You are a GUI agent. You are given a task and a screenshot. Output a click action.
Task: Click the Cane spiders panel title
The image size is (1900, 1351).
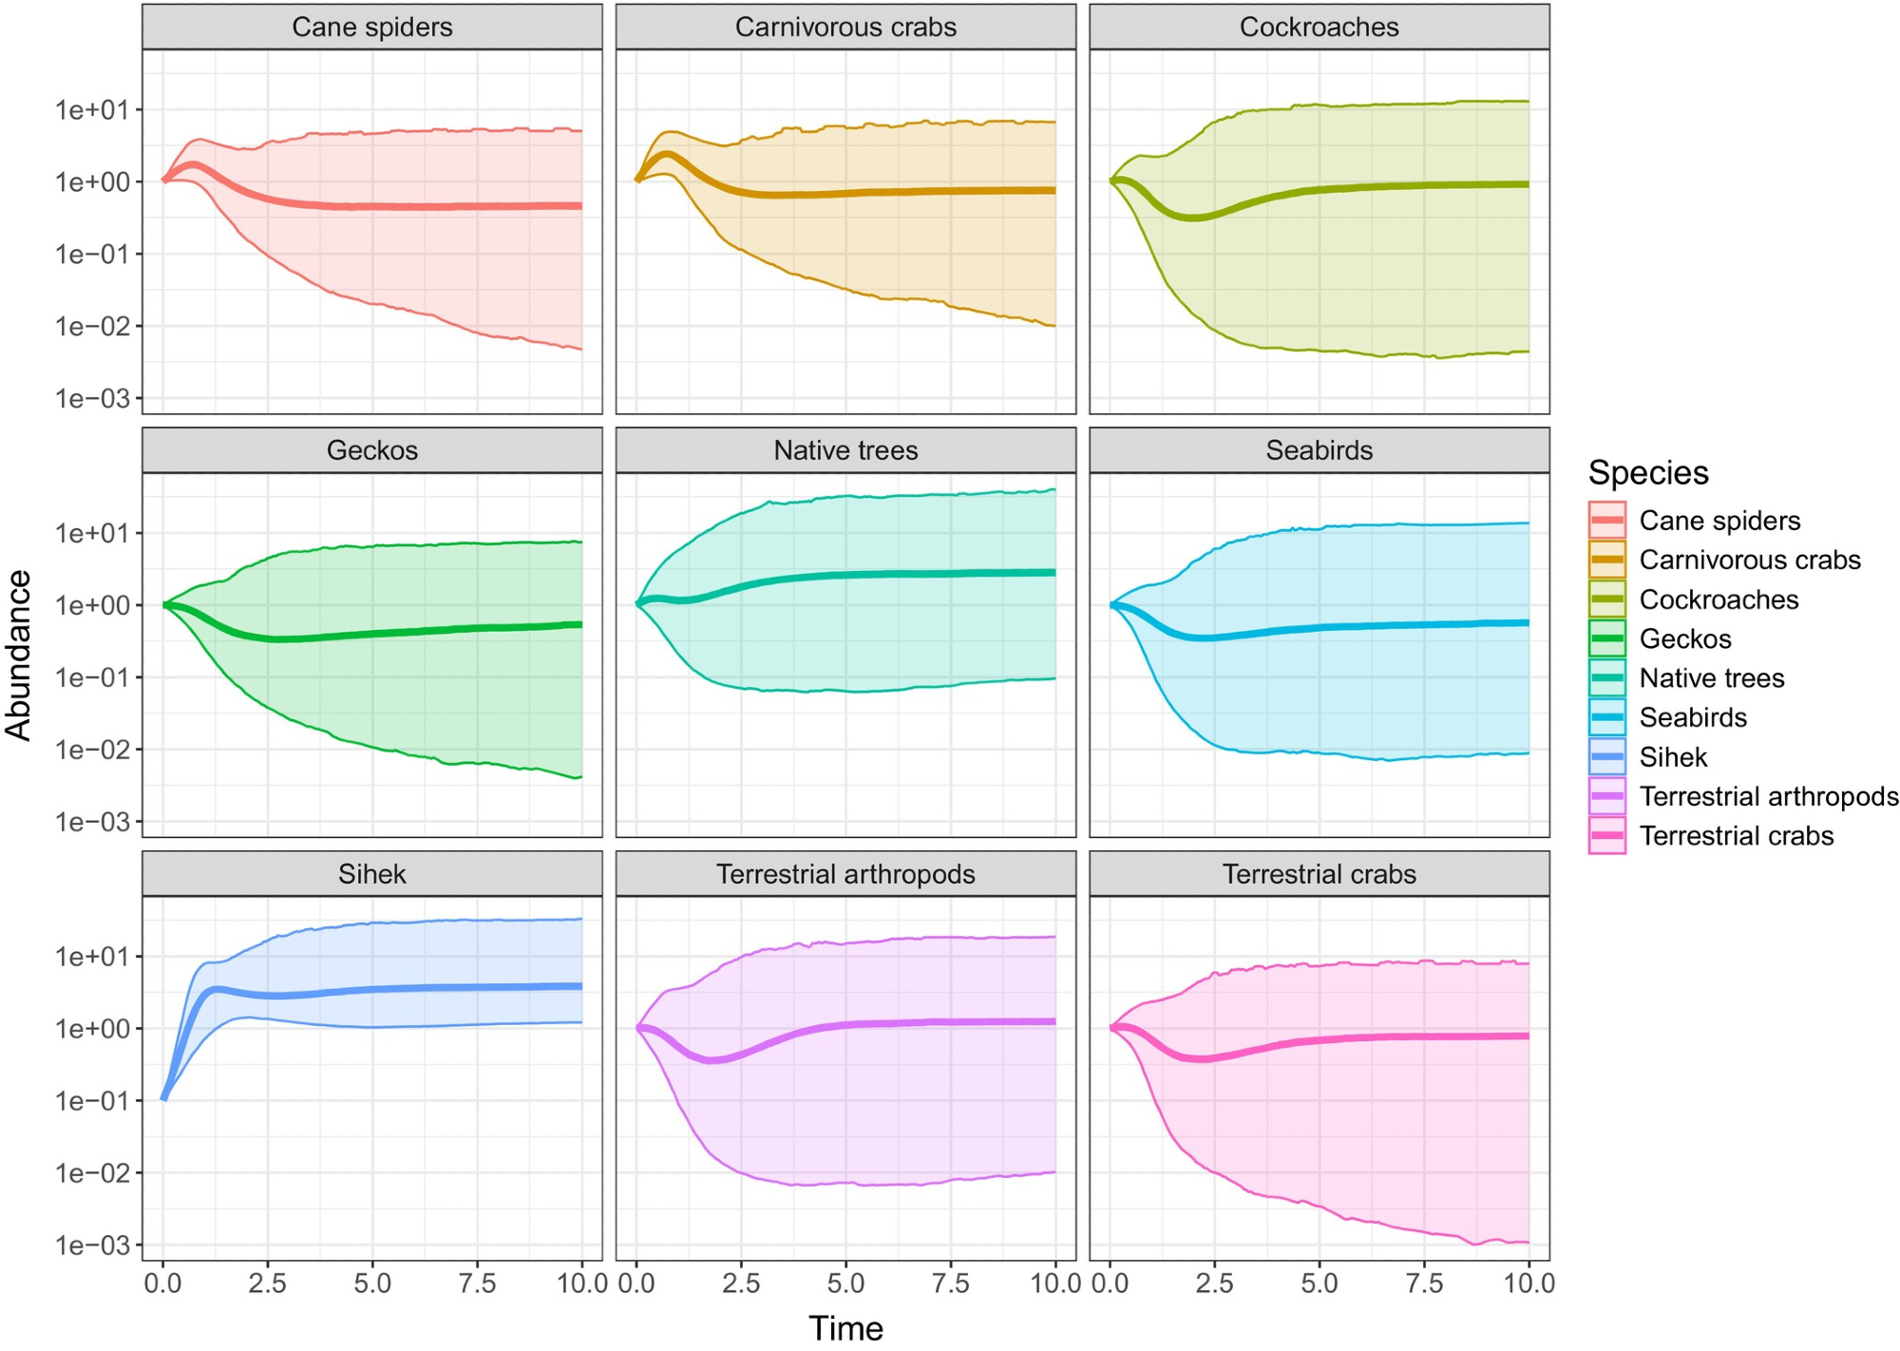(371, 27)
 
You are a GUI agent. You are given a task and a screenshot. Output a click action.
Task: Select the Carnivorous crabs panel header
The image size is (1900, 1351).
(845, 27)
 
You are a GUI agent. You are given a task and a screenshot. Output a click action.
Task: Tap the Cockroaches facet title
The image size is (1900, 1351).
(1319, 27)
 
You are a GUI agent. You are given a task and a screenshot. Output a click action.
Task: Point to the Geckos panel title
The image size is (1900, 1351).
(371, 450)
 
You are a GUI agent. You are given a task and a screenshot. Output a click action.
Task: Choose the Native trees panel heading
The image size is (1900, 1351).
(845, 450)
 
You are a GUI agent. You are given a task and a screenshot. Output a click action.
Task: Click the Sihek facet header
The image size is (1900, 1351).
(371, 874)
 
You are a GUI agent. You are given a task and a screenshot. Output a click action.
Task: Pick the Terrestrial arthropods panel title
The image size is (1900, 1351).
(845, 874)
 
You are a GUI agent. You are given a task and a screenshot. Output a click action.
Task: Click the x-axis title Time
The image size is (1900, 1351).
(845, 1328)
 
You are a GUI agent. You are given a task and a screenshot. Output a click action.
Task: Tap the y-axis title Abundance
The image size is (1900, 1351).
(19, 655)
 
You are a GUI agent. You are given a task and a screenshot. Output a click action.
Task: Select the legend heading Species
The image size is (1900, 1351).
(1648, 472)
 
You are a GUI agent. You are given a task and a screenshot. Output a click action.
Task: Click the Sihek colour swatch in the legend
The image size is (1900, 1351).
(1606, 757)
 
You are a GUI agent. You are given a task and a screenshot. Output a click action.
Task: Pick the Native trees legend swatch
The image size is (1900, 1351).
(1606, 678)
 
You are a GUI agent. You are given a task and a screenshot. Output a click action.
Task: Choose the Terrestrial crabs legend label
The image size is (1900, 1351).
(1736, 836)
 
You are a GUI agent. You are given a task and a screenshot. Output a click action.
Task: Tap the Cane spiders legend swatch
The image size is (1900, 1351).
(1606, 521)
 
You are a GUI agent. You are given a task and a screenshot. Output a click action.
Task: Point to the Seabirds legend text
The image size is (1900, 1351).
(1693, 717)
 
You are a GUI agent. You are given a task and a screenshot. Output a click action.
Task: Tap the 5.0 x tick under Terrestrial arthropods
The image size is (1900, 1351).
(845, 1284)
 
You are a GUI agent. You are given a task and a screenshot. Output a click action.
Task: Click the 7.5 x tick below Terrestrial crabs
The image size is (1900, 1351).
(1423, 1284)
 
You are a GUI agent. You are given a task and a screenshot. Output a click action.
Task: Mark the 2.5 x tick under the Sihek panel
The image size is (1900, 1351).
(267, 1284)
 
